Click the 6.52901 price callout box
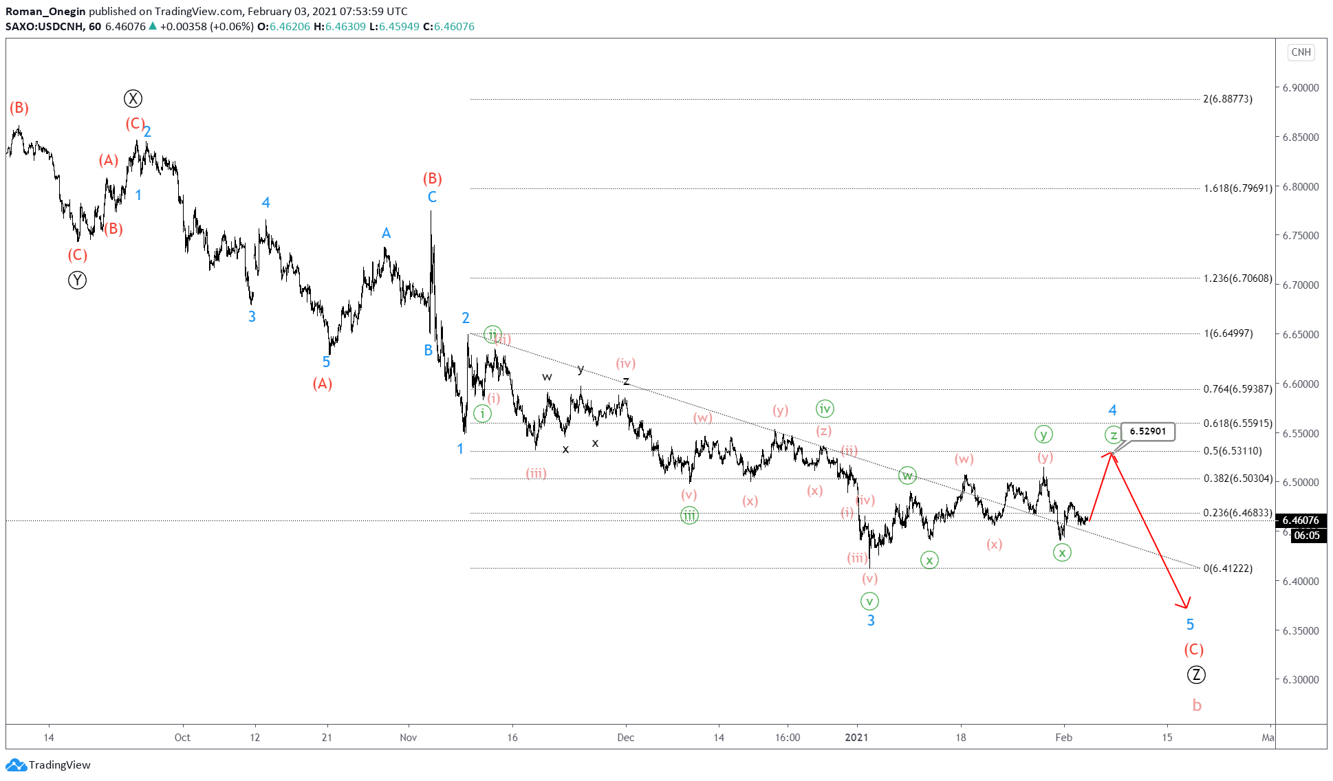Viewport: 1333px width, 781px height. point(1147,431)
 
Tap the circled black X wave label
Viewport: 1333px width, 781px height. point(133,98)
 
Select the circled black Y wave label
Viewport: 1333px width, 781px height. point(77,280)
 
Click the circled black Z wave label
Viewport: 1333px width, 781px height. point(1196,674)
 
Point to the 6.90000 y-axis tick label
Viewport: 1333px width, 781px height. point(1300,87)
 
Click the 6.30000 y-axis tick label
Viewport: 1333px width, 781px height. point(1300,679)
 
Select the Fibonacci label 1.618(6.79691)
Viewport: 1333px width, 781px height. point(1237,188)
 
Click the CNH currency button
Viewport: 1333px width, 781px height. point(1301,52)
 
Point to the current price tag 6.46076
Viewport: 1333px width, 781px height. point(1300,520)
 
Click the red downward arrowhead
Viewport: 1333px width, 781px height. point(1184,604)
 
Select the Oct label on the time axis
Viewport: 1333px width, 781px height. point(182,738)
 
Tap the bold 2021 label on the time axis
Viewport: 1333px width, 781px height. point(856,738)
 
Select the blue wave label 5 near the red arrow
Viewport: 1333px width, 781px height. point(1190,624)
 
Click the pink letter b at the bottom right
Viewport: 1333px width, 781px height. point(1197,705)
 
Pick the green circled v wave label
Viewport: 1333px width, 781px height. point(869,601)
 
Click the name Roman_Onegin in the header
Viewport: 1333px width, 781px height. point(45,11)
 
